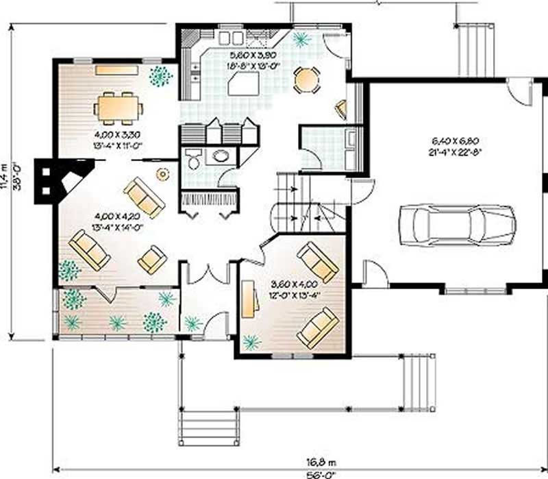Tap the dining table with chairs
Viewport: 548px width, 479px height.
[x=120, y=106]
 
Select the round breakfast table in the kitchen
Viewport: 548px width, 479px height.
[x=306, y=80]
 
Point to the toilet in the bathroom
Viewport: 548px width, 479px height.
[x=194, y=159]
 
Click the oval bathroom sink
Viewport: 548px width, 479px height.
[x=221, y=156]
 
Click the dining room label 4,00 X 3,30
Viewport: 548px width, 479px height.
[x=118, y=130]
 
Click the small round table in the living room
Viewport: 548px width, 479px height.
[x=163, y=174]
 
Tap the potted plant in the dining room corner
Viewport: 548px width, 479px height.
[x=160, y=76]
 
